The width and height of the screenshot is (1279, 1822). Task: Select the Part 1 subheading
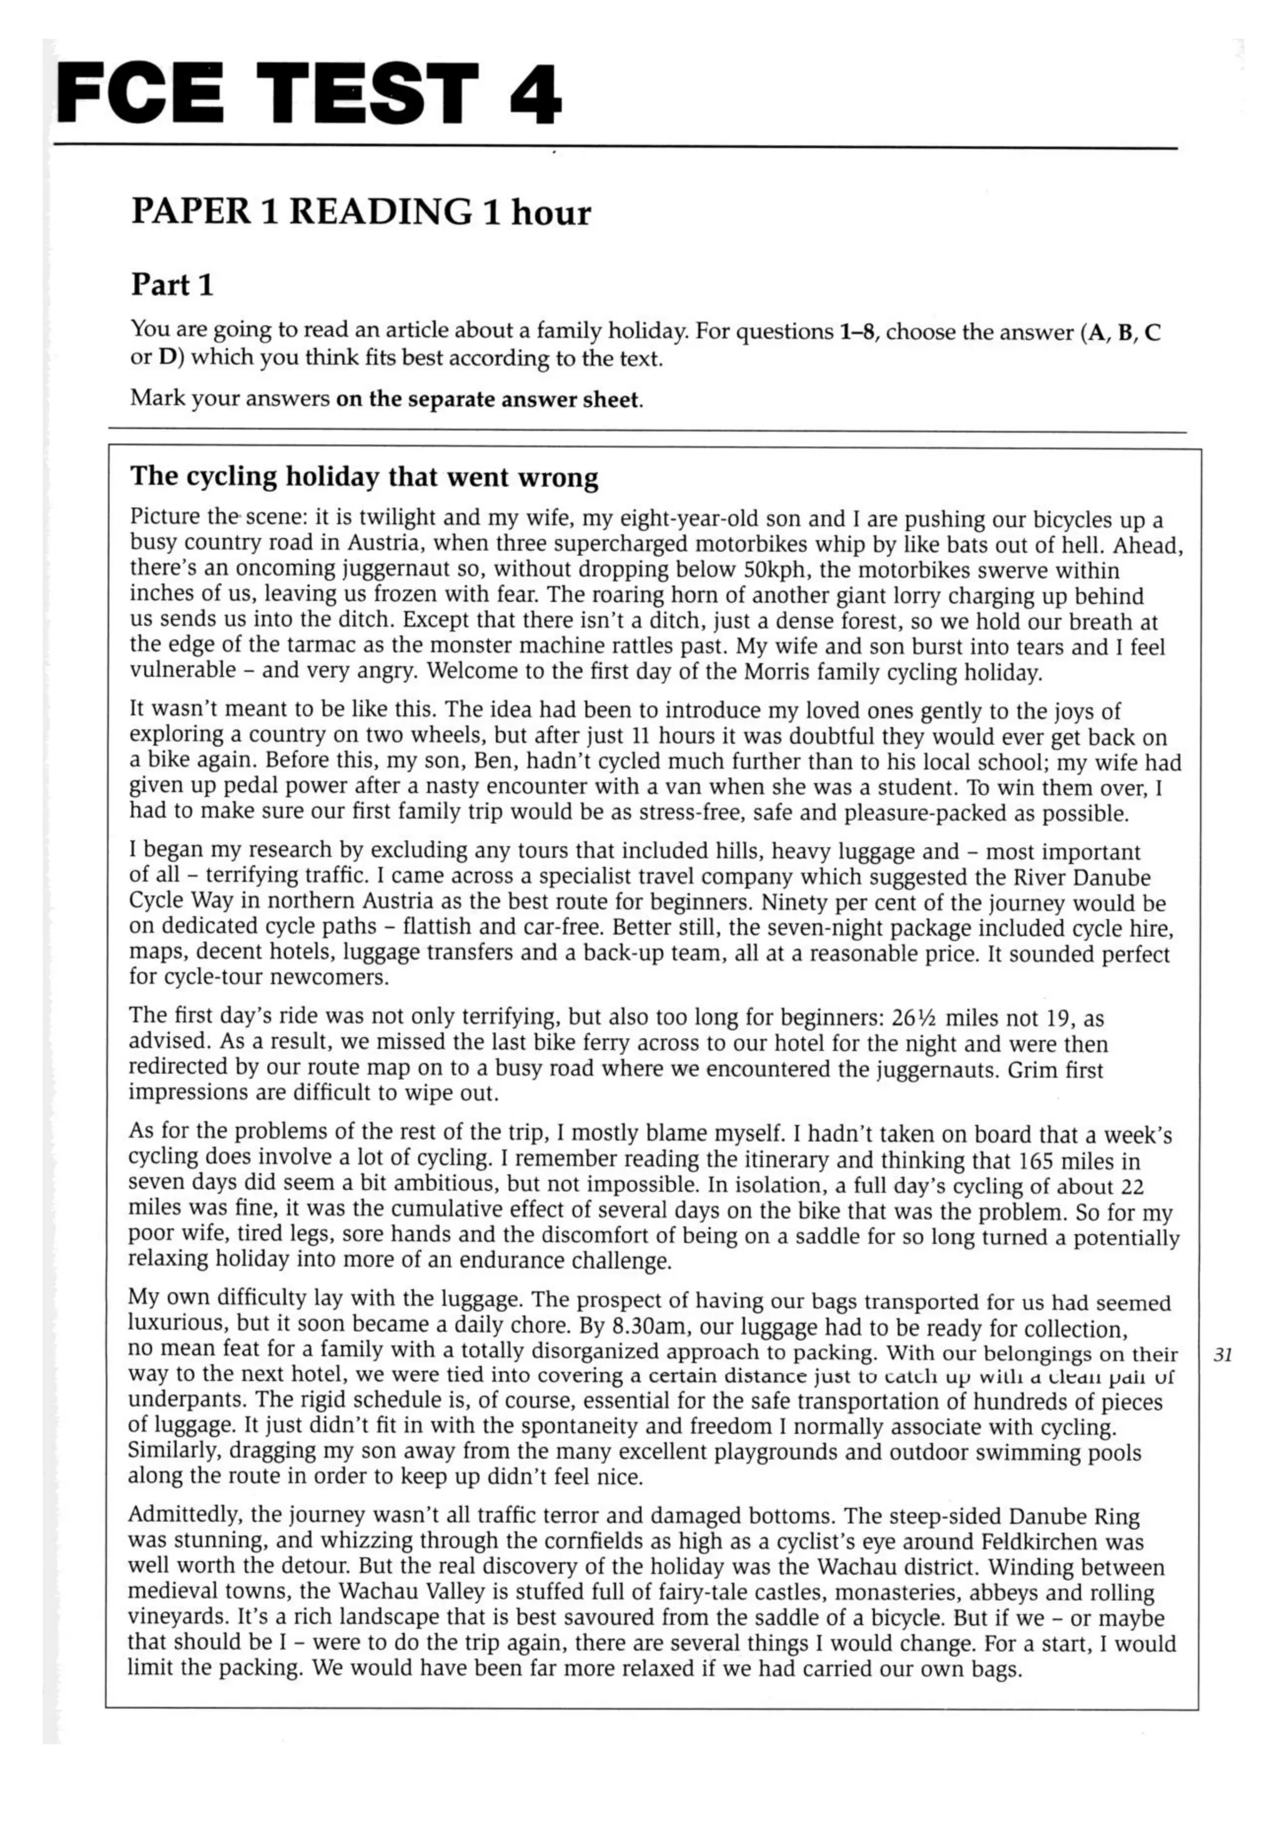172,284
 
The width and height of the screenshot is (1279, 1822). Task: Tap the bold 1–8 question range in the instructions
857,331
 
